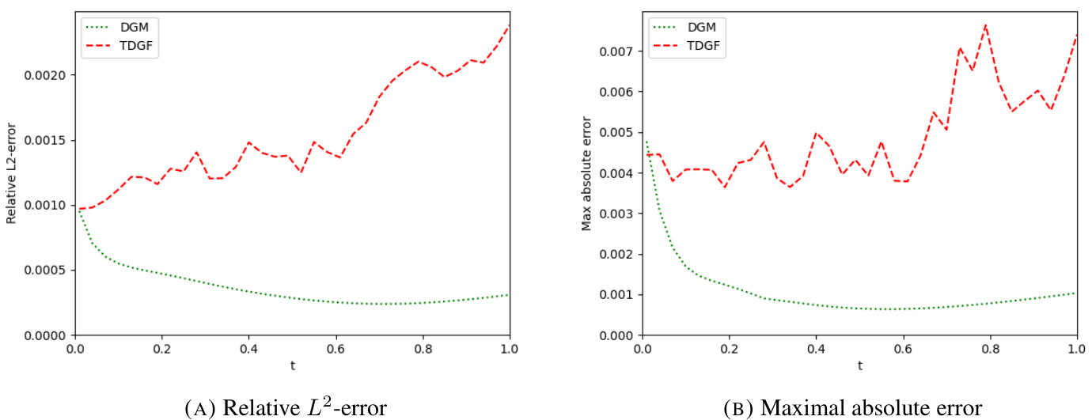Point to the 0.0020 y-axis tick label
(x=46, y=75)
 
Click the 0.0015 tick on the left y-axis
(x=46, y=140)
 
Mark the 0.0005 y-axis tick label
(x=46, y=270)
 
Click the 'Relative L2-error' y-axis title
(x=11, y=173)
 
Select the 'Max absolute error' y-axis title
(x=586, y=173)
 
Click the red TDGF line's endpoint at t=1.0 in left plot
(x=509, y=26)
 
